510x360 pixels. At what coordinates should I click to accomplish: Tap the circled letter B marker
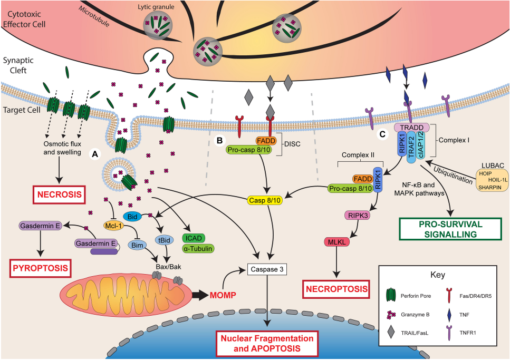220,141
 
